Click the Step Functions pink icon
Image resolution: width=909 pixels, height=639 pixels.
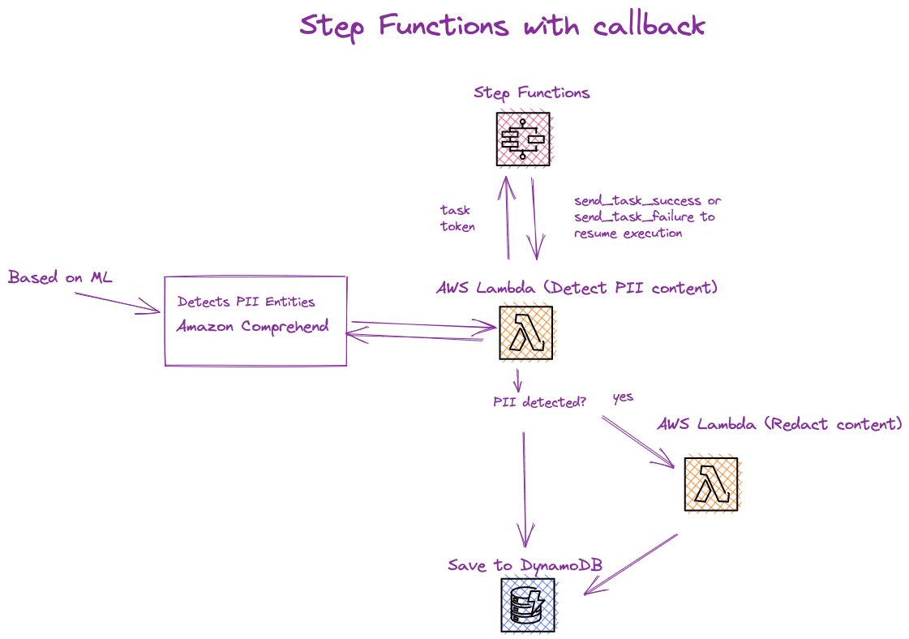coord(524,139)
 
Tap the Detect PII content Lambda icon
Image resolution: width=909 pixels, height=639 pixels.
coord(526,332)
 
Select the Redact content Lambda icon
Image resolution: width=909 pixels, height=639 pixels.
coord(712,484)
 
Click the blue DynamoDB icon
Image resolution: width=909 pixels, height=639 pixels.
coord(528,605)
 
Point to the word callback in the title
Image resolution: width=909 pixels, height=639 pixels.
coord(649,26)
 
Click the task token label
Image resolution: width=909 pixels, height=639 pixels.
coord(457,218)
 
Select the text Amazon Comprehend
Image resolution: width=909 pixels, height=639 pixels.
coord(253,327)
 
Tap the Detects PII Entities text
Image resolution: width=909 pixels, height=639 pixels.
coord(247,302)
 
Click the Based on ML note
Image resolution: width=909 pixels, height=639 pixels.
coord(60,277)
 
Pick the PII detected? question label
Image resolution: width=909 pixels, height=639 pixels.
coord(540,402)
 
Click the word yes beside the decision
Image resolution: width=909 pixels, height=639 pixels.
coord(624,397)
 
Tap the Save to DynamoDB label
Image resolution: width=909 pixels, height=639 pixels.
coord(525,565)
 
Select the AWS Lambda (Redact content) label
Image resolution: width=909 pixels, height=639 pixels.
coord(780,424)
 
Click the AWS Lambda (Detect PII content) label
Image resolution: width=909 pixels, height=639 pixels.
coord(577,288)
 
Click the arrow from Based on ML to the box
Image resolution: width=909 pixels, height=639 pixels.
coord(118,303)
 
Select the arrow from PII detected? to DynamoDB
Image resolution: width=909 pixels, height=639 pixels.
coord(525,490)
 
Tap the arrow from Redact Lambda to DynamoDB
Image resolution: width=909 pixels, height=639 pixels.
coord(631,564)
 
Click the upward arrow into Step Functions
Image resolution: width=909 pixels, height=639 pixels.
coord(508,217)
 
